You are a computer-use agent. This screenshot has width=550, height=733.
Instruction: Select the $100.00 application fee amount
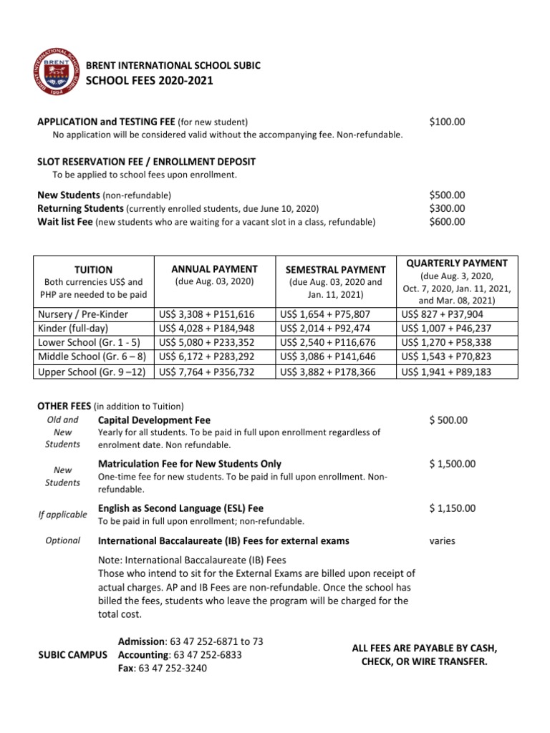[x=447, y=122]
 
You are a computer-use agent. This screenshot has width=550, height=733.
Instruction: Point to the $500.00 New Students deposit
[x=447, y=195]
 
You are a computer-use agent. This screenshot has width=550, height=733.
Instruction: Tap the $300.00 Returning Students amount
[x=447, y=208]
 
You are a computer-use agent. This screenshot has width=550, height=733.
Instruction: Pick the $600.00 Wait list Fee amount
[x=447, y=222]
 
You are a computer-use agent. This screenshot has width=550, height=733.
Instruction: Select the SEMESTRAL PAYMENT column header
[x=336, y=270]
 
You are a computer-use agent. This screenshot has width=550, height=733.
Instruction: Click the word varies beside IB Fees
[x=443, y=541]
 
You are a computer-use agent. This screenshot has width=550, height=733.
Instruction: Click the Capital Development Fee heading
[x=154, y=420]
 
